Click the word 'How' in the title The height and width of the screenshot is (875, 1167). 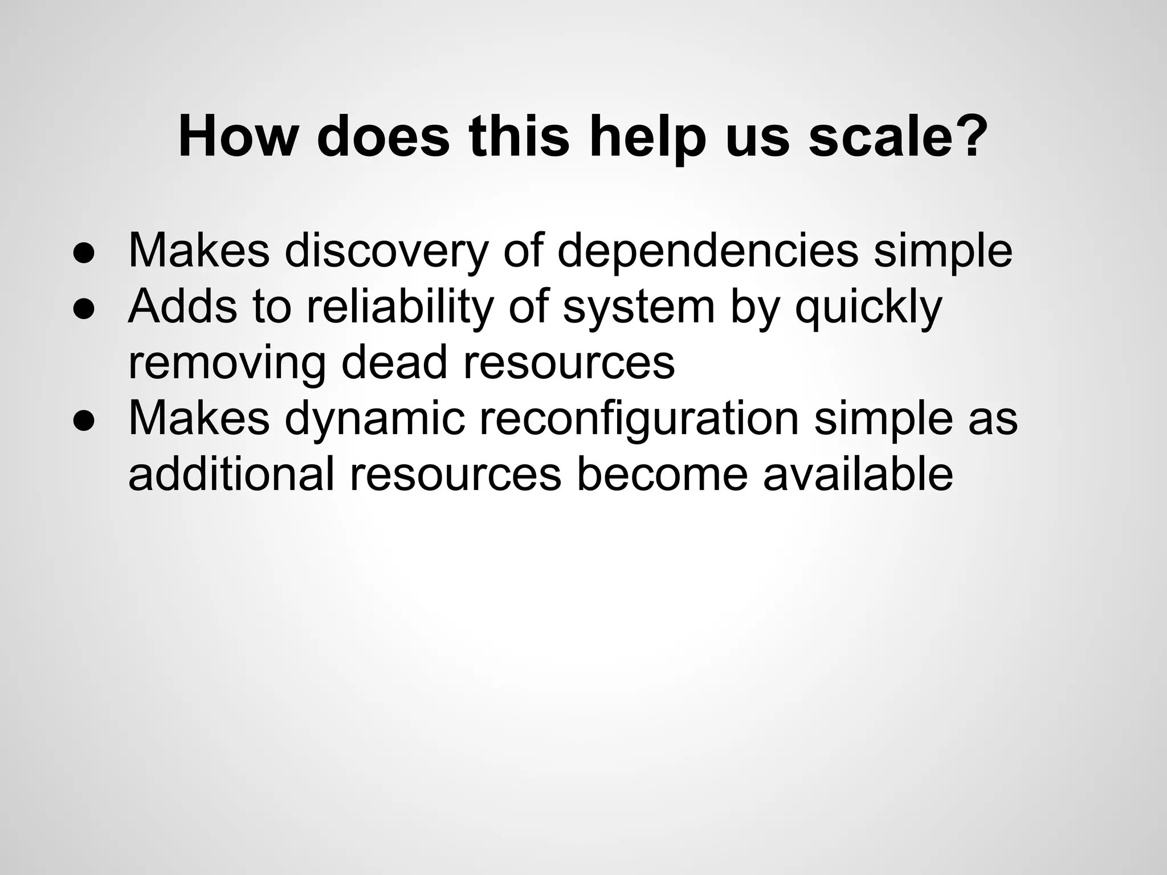point(239,137)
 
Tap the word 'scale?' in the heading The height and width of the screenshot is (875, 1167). point(898,137)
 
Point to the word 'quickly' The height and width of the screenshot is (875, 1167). point(868,308)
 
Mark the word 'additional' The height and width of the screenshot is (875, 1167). point(231,474)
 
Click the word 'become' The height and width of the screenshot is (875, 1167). point(662,474)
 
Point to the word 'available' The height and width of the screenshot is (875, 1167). point(858,474)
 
